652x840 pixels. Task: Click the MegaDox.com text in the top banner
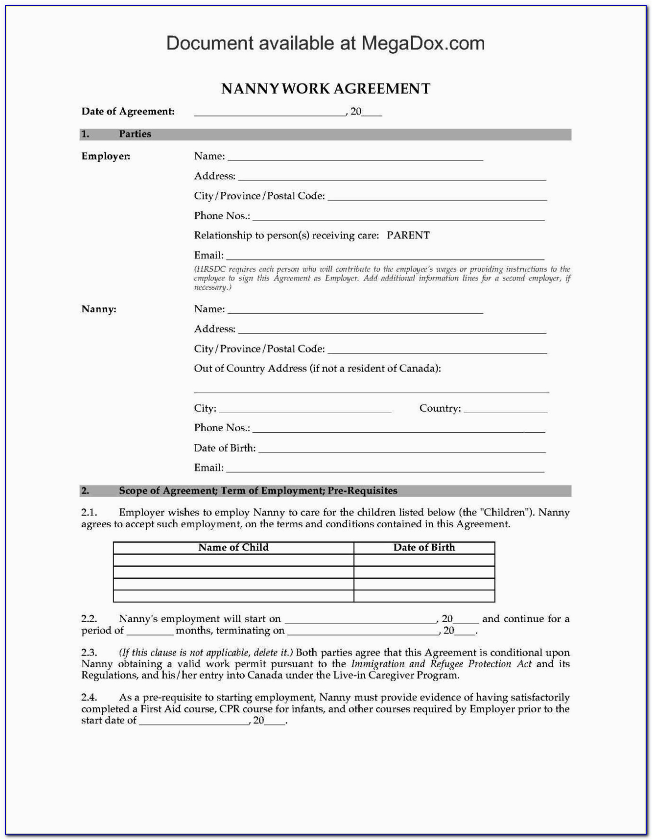(423, 44)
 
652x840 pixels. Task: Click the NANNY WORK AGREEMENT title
(326, 89)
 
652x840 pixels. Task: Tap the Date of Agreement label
(128, 112)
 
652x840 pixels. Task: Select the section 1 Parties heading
(134, 134)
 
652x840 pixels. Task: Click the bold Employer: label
(106, 156)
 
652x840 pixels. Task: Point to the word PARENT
(408, 235)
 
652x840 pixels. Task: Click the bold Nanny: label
(99, 309)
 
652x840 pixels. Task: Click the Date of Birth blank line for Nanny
(402, 451)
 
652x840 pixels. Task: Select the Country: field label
(440, 408)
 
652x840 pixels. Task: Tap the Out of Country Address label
(317, 369)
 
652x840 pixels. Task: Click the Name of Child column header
(233, 548)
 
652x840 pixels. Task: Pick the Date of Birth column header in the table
(424, 548)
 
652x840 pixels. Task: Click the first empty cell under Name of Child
(233, 560)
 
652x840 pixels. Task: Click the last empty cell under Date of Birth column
(424, 596)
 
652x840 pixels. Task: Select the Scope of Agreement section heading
(258, 491)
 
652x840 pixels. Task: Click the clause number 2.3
(89, 653)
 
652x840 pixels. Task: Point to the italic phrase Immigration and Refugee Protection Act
(441, 664)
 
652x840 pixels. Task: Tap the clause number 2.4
(89, 698)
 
